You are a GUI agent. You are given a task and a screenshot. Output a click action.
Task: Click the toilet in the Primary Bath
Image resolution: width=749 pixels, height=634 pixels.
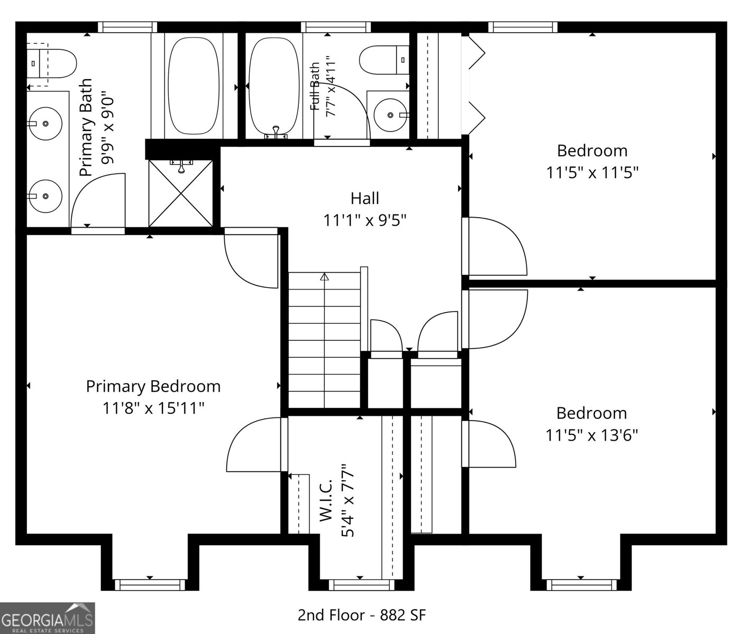click(x=51, y=64)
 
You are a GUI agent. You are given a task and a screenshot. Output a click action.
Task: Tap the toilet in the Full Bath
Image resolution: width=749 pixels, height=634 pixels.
click(x=385, y=60)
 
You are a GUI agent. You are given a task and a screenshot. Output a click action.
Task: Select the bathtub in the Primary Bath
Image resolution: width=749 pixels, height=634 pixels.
click(x=194, y=86)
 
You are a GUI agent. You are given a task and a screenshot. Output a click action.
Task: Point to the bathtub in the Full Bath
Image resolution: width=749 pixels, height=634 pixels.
click(x=275, y=87)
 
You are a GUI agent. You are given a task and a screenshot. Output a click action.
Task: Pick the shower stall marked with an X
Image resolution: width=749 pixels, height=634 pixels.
click(x=181, y=193)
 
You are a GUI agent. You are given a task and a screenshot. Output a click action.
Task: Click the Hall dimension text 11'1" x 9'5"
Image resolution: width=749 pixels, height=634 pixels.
click(x=365, y=220)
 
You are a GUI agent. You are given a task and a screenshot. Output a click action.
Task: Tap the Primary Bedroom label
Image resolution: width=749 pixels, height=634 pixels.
click(x=153, y=387)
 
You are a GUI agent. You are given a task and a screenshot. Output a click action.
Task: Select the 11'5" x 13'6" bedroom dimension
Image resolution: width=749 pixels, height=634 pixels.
click(x=592, y=435)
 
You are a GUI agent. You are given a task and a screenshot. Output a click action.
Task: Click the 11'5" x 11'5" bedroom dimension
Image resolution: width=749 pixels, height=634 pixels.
click(x=592, y=173)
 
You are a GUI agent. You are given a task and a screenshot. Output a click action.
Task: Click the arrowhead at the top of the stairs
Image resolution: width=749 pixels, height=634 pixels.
click(x=324, y=277)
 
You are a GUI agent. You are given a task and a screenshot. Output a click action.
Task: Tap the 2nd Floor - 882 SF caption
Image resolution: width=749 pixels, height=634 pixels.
click(x=362, y=615)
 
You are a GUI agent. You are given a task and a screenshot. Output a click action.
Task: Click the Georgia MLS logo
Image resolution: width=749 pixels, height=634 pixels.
click(x=48, y=618)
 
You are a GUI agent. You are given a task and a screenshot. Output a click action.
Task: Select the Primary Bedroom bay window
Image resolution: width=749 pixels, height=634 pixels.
click(x=150, y=585)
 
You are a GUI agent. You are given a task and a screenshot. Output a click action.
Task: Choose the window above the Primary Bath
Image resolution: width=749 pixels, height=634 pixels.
click(x=127, y=27)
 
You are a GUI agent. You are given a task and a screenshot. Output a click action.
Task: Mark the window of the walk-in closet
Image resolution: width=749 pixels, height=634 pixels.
click(x=361, y=585)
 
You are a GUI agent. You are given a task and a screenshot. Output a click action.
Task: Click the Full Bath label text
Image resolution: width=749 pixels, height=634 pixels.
click(x=315, y=87)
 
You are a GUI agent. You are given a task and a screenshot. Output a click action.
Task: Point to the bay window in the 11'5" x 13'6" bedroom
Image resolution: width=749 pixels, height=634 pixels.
click(x=581, y=585)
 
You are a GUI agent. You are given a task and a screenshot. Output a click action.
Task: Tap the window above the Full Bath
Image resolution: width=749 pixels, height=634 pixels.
click(x=336, y=27)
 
